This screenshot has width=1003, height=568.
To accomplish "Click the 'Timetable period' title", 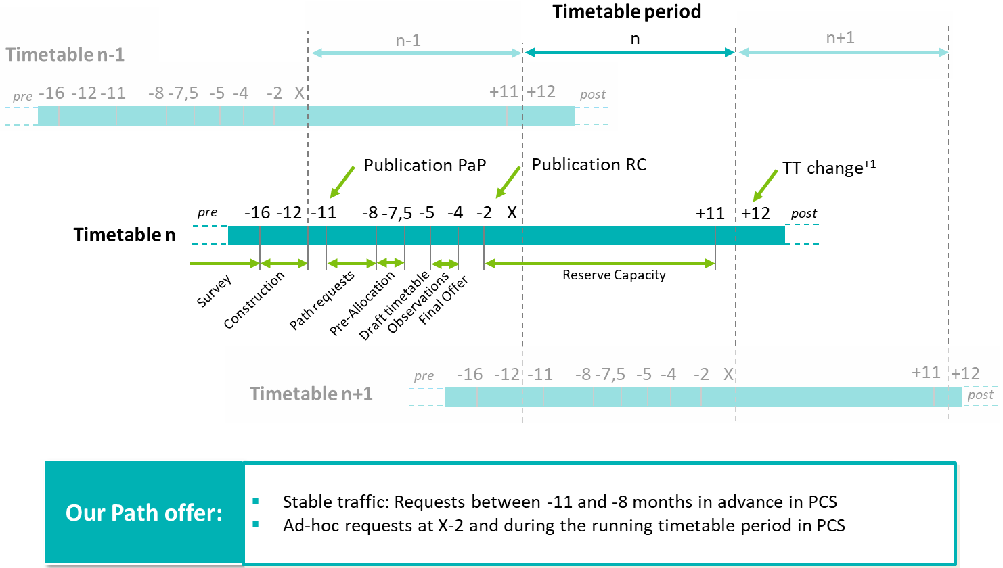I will pyautogui.click(x=627, y=11).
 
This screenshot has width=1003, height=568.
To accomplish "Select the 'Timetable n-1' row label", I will pyautogui.click(x=65, y=54).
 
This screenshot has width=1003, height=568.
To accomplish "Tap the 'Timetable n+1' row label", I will pyautogui.click(x=311, y=394).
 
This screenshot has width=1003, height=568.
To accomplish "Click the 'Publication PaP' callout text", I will pyautogui.click(x=424, y=165).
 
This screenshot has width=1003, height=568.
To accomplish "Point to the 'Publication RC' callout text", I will pyautogui.click(x=589, y=164).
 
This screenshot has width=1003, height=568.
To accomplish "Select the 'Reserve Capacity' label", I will pyautogui.click(x=614, y=275).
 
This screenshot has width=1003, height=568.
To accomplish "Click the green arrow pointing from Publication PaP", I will pyautogui.click(x=342, y=181).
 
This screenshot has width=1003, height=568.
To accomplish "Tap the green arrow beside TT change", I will pyautogui.click(x=765, y=184).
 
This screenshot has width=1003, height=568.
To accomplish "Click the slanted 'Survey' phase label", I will pyautogui.click(x=214, y=291).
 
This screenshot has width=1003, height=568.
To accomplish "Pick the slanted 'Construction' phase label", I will pyautogui.click(x=254, y=300).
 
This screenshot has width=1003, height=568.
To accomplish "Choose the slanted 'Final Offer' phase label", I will pyautogui.click(x=443, y=300).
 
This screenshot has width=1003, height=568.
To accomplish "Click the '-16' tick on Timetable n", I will pyautogui.click(x=257, y=213).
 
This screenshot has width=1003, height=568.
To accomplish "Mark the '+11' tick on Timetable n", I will pyautogui.click(x=710, y=214).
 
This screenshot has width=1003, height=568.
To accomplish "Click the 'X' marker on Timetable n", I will pyautogui.click(x=512, y=213).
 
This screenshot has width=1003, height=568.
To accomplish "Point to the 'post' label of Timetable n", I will pyautogui.click(x=804, y=214).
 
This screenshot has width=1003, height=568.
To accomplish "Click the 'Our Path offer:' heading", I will pyautogui.click(x=144, y=513).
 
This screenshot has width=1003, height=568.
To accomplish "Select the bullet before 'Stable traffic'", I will pyautogui.click(x=256, y=501).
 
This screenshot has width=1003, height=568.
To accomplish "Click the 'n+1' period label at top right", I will pyautogui.click(x=840, y=38).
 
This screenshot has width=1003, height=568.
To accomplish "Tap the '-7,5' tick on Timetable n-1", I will pyautogui.click(x=183, y=93).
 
